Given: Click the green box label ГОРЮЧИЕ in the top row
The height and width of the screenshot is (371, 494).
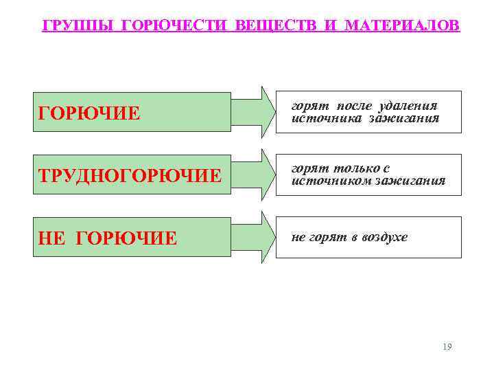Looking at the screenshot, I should [89, 112].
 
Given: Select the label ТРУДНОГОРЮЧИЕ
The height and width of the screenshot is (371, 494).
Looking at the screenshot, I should [130, 175].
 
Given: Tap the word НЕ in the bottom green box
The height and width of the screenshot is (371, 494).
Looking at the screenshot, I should [51, 238].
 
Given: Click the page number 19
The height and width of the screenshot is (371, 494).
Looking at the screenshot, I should [447, 346].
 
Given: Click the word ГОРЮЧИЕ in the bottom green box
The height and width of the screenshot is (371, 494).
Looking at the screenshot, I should [126, 238].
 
